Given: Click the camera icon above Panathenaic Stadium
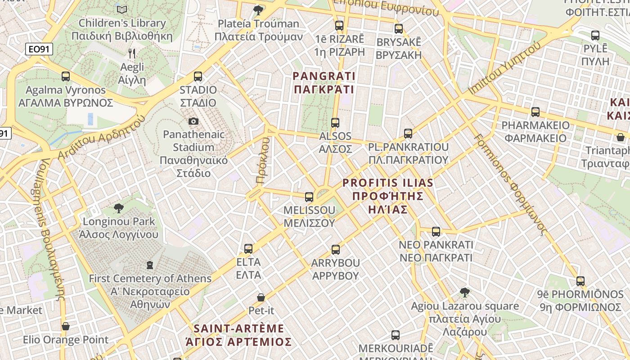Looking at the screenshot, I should (193, 121).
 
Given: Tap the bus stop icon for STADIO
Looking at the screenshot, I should (198, 76).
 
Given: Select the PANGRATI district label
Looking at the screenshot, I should (324, 83).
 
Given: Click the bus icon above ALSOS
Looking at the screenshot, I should (335, 123).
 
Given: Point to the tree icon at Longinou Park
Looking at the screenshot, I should (119, 208).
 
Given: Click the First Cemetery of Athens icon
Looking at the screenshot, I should (150, 265).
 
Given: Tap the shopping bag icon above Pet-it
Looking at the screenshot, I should (261, 297).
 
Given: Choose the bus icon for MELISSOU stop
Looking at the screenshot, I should (309, 197).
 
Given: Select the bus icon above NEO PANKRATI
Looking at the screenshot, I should (436, 232).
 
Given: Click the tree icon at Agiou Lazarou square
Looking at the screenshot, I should (465, 293).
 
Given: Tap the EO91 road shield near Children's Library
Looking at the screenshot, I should (39, 49).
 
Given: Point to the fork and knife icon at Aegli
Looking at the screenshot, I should (132, 54).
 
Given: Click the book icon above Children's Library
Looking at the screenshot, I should (121, 9).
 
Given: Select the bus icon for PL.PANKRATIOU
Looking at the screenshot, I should (408, 134).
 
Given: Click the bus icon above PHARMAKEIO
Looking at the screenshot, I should (535, 112).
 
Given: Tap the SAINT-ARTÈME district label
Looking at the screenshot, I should (238, 335).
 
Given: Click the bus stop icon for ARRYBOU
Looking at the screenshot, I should (335, 250).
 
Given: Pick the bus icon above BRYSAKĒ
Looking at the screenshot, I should (398, 29).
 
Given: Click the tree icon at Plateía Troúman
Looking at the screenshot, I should (258, 10).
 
